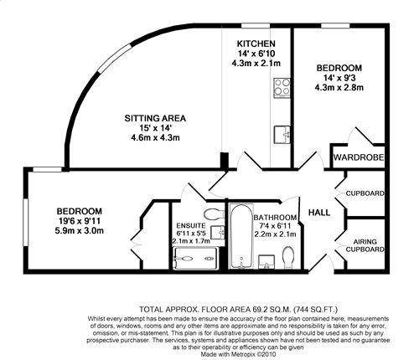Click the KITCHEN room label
[256, 44]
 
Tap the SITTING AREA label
[155, 118]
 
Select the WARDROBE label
[359, 157]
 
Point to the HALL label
[319, 213]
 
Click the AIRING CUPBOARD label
[365, 245]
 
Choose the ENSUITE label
[191, 225]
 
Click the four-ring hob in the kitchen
[282, 88]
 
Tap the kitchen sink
[282, 135]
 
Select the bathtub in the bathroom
[241, 236]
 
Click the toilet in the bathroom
[288, 258]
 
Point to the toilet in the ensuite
[214, 214]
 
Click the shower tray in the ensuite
[195, 259]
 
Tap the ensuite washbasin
[218, 232]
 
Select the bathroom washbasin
[266, 262]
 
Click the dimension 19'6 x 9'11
[80, 221]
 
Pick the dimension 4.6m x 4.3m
[155, 137]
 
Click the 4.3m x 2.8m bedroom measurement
[339, 88]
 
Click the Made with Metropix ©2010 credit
[239, 354]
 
